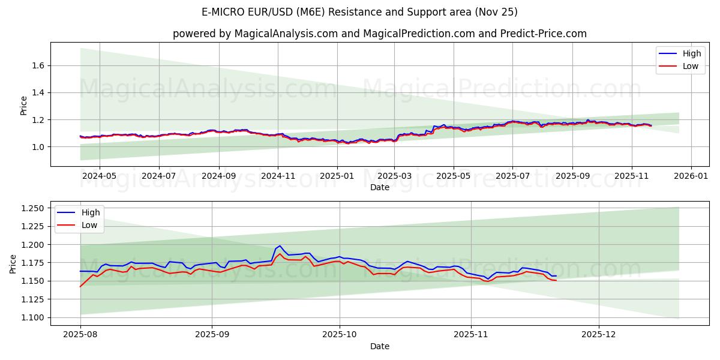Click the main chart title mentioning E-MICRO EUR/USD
pos(360,12)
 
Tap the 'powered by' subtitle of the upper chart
pos(379,34)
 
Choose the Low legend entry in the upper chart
pos(691,66)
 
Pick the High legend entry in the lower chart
pos(91,212)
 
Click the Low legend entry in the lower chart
pos(89,225)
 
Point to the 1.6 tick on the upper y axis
pos(38,65)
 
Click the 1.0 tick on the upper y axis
pos(38,147)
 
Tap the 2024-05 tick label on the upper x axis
pos(99,176)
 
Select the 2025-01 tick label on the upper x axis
pos(337,176)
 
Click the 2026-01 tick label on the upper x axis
pos(691,176)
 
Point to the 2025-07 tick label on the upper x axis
pos(512,176)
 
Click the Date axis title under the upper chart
pos(379,187)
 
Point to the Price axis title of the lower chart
pos(13,263)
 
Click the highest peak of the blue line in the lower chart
pos(280,245)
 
